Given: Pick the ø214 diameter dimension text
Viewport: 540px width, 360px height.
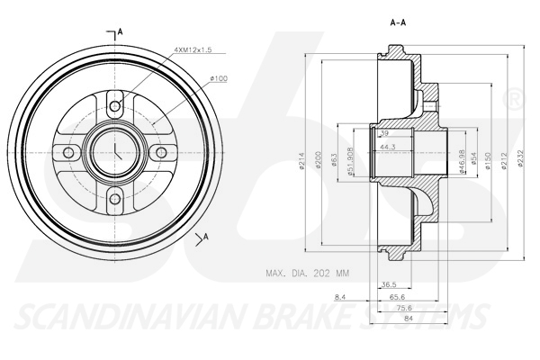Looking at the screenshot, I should point(303,160).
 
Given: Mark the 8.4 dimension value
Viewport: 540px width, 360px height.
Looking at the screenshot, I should point(339,296).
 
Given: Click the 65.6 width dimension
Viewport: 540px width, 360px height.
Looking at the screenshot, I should point(397,296).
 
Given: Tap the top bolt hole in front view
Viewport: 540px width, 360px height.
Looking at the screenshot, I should point(115,107).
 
